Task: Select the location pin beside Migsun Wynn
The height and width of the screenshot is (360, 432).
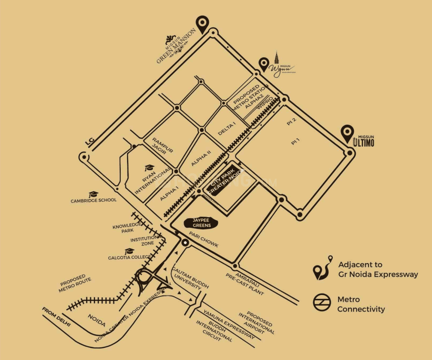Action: (x=264, y=64)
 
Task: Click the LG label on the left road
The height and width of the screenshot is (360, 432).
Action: (x=89, y=141)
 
